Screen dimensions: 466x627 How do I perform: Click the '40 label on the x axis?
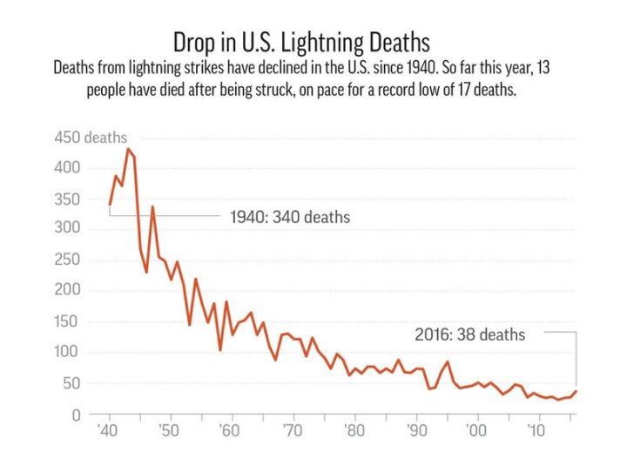pos(110,431)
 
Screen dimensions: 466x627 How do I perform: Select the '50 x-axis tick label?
pos(170,431)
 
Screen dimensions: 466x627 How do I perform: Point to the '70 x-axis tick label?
pos(293,431)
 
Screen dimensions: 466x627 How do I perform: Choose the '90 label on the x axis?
pos(416,431)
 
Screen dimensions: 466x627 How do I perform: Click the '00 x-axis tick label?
pos(477,431)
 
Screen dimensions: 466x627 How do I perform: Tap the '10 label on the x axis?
pos(538,431)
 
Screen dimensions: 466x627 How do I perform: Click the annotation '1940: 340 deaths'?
pos(289,217)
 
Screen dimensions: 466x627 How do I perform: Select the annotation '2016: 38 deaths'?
pos(469,334)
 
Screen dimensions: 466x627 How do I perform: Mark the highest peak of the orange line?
pos(128,149)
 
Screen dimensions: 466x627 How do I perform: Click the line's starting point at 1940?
pos(110,205)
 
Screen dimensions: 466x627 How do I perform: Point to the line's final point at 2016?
pos(576,391)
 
